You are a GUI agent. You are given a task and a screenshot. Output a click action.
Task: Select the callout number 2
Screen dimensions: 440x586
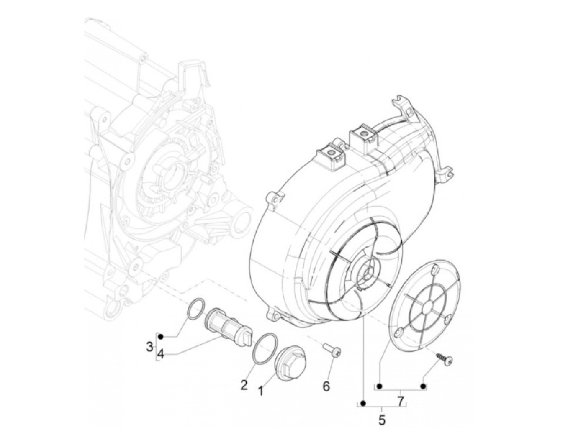244,384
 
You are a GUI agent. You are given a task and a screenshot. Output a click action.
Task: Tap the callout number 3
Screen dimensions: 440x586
149,347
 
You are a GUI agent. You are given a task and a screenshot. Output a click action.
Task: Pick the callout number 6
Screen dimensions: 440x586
326,386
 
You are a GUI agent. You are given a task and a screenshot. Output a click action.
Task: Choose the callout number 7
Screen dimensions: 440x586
401,402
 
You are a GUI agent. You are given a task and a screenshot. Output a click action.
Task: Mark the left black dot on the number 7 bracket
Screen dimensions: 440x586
380,386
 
